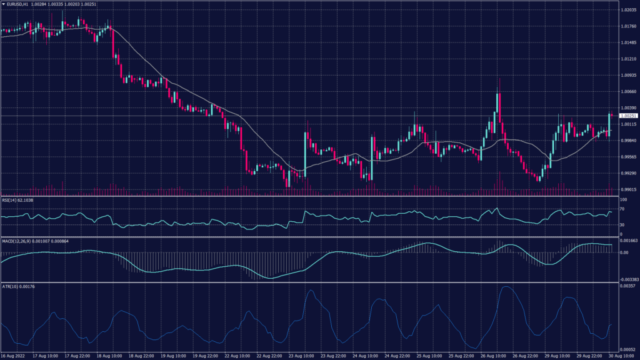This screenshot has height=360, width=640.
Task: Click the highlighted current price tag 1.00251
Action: pos(627,116)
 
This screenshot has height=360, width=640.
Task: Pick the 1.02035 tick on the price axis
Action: pos(627,10)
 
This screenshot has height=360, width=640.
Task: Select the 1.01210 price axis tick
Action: pos(627,59)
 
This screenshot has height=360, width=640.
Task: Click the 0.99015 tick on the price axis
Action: pos(627,189)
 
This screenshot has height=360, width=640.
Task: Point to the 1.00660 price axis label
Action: pos(627,91)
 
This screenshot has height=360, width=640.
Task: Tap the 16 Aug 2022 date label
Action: pos(13,356)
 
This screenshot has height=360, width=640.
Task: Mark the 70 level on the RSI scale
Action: pos(622,208)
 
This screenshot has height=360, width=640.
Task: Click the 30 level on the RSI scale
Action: pos(622,224)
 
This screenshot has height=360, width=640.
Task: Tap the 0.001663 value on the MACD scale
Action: pos(627,240)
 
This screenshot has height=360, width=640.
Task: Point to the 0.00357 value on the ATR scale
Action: pos(627,286)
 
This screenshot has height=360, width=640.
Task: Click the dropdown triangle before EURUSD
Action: pos(3,5)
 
